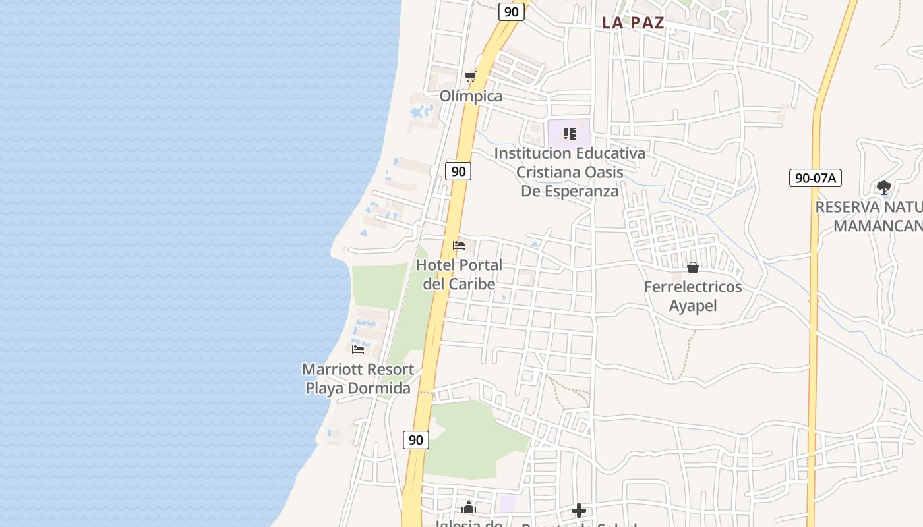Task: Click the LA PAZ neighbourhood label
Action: pyautogui.click(x=632, y=23)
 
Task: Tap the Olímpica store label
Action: pyautogui.click(x=471, y=96)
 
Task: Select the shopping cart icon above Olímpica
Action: pyautogui.click(x=470, y=77)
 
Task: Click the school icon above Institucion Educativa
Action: pyautogui.click(x=570, y=134)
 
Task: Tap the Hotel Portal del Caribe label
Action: pyautogui.click(x=459, y=275)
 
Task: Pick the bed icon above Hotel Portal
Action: pyautogui.click(x=459, y=246)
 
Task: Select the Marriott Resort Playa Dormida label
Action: pyautogui.click(x=358, y=379)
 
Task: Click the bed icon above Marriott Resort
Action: pyautogui.click(x=358, y=349)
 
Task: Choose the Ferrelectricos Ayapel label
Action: pyautogui.click(x=693, y=296)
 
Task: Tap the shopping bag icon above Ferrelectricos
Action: pyautogui.click(x=693, y=267)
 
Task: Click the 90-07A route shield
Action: pyautogui.click(x=815, y=178)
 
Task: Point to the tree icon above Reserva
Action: pyautogui.click(x=884, y=188)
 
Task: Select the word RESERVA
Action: pyautogui.click(x=848, y=207)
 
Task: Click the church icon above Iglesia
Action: pyautogui.click(x=469, y=507)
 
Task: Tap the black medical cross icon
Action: pyautogui.click(x=579, y=511)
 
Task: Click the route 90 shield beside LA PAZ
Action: pyautogui.click(x=511, y=11)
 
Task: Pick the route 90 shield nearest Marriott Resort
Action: pyautogui.click(x=415, y=440)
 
